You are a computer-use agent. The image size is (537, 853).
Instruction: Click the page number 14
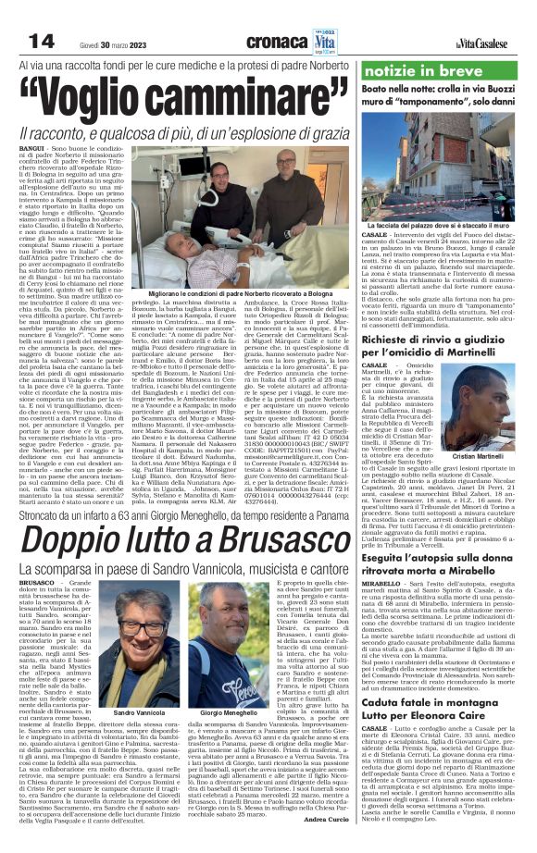click(42, 40)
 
